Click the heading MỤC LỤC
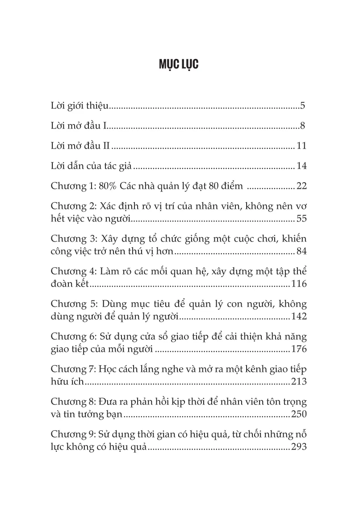[179, 64]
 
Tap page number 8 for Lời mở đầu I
[302, 126]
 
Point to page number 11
[301, 146]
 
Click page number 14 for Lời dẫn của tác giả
[301, 167]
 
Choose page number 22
[301, 186]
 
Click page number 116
[299, 284]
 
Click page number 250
[299, 414]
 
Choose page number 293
[299, 447]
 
